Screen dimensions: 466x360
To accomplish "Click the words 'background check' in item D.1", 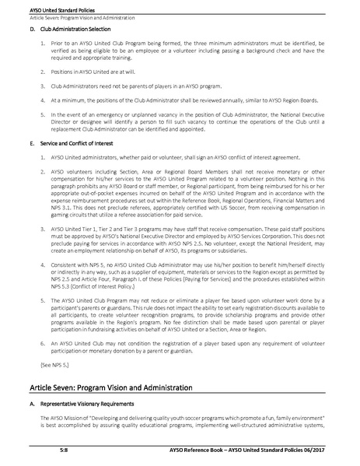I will (x=244, y=51).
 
